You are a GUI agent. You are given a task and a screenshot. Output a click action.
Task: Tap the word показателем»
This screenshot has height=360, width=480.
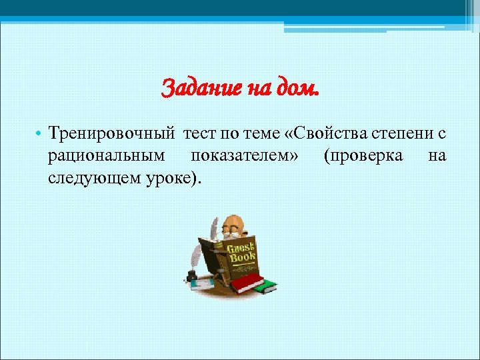tap(245, 156)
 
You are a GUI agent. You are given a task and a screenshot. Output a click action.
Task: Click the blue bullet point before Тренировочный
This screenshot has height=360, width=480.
tap(41, 135)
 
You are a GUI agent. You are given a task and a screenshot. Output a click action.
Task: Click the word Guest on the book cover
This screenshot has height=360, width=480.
tap(241, 248)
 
